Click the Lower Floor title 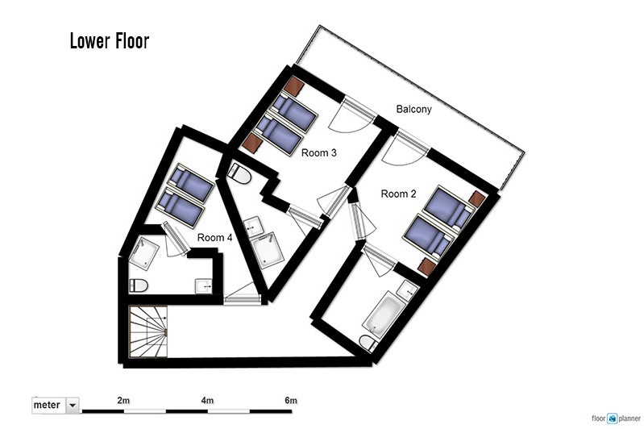point(110,41)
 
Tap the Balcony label point(413,110)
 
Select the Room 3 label point(318,153)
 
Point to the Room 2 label point(398,194)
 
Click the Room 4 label point(215,238)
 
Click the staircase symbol point(148,331)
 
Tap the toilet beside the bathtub point(368,343)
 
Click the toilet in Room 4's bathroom point(139,285)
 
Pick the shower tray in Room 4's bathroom point(144,252)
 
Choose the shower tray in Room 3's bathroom point(268,250)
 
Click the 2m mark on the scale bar point(123,400)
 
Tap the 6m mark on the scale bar point(291,400)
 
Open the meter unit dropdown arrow point(73,406)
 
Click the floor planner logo point(616,419)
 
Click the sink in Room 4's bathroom point(203,286)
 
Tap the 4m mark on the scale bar point(207,400)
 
